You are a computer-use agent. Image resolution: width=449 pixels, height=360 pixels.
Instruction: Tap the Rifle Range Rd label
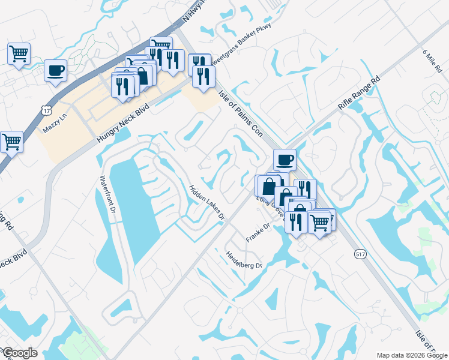tap(360, 92)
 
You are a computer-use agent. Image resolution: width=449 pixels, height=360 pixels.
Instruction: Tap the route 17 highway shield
tap(46, 109)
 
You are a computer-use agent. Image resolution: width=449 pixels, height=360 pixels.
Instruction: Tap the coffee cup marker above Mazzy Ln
tap(55, 70)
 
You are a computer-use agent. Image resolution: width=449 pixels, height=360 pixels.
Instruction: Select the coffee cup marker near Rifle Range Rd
tap(285, 160)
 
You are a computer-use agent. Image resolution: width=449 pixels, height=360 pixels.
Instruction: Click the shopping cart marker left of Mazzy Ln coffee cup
tap(19, 54)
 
